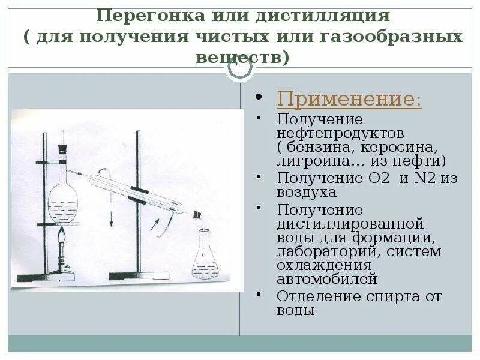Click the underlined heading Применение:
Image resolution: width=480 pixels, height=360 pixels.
[349, 99]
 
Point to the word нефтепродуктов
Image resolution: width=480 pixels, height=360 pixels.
[340, 133]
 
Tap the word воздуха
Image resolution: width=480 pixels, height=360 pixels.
[307, 192]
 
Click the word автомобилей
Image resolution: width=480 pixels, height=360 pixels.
[327, 278]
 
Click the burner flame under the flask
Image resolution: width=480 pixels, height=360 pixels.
[62, 239]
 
